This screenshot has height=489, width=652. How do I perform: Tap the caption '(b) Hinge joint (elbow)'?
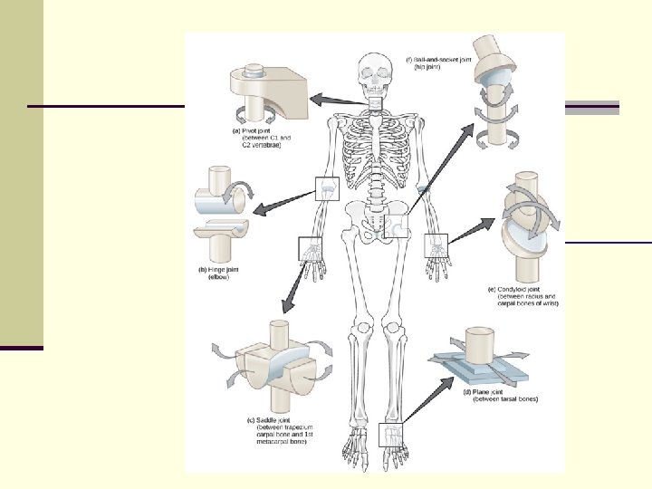pos(223,273)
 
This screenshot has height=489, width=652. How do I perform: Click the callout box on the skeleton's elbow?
pos(326,188)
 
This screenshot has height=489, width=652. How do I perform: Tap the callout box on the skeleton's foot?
pos(392,436)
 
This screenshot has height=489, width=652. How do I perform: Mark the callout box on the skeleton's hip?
pos(397,225)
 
